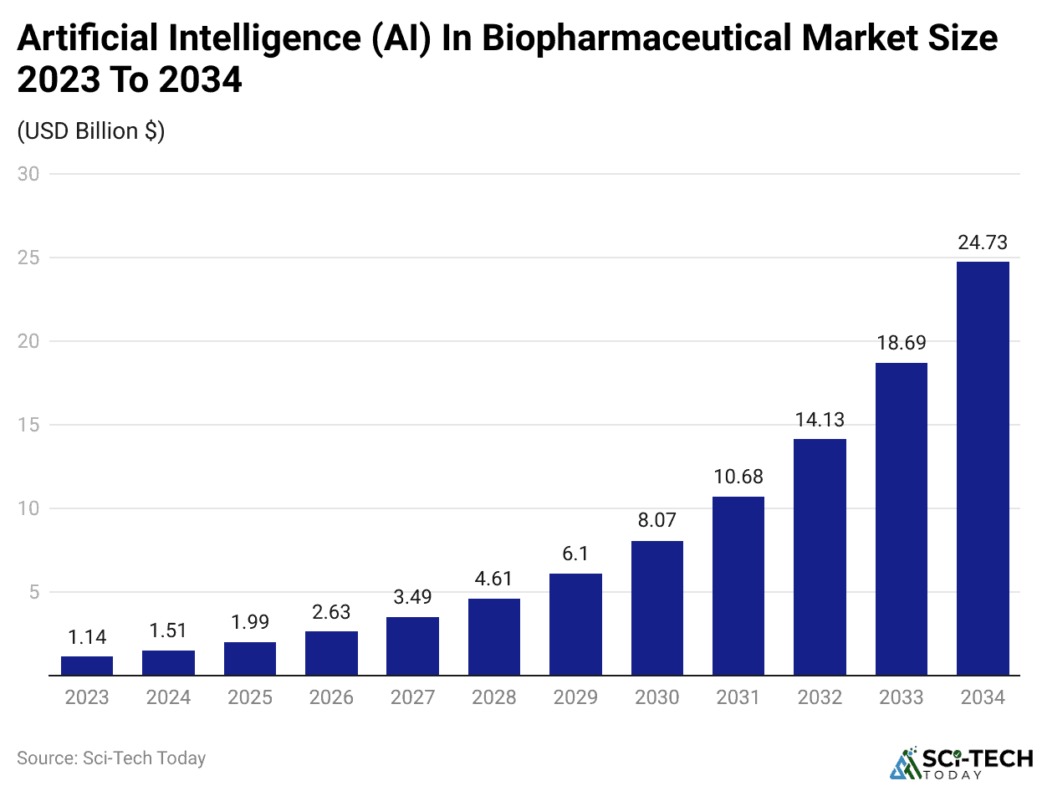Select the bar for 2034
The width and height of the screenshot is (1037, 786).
983,468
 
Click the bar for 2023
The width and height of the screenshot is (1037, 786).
87,666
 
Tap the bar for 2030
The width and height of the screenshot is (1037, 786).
657,608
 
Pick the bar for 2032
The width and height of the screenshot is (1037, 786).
820,557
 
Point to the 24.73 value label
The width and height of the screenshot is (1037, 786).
983,243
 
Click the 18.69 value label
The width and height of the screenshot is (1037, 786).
902,344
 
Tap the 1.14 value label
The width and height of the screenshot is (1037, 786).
87,638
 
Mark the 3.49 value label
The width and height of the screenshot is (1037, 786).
412,599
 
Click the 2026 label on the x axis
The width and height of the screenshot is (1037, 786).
331,697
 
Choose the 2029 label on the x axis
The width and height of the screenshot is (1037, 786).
575,697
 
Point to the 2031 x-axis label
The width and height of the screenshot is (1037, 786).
738,697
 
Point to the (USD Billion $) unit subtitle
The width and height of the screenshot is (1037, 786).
91,131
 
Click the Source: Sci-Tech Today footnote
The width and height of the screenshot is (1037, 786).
111,758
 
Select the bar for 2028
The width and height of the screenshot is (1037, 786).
494,636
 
